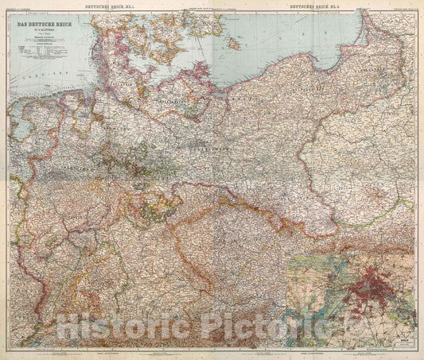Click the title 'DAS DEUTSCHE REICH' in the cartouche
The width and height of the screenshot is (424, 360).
pos(49,25)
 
